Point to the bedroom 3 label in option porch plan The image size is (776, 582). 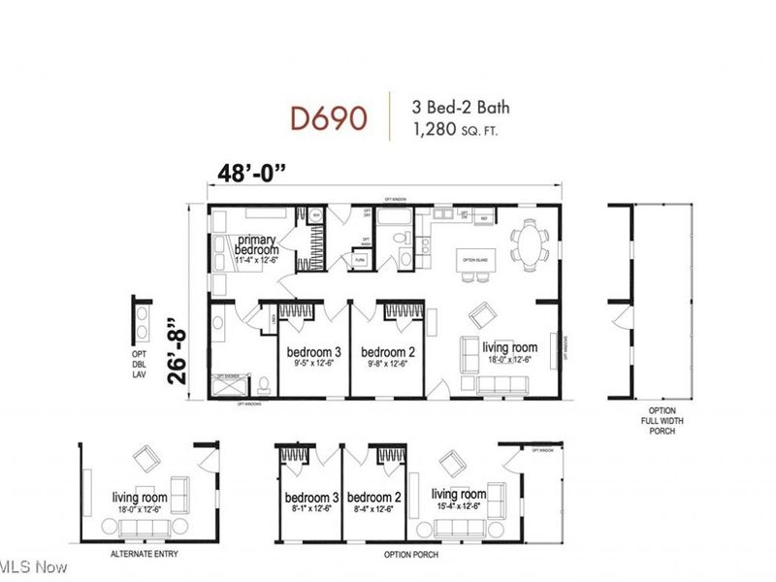pos(309,498)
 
